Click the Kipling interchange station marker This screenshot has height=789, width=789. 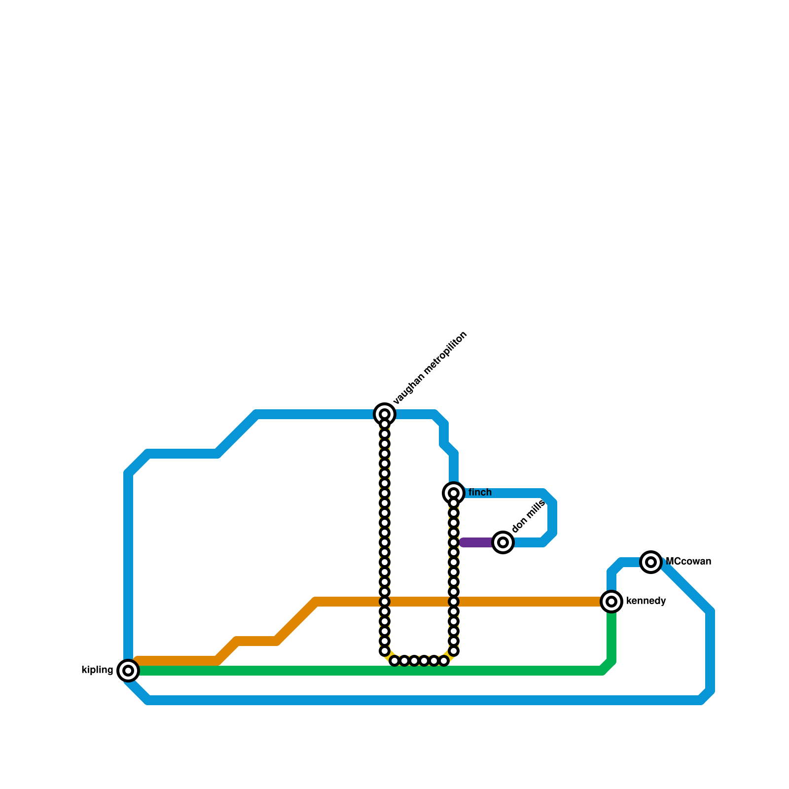coord(128,671)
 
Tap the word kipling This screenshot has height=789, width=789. coord(97,670)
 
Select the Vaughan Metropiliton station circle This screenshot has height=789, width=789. coord(385,414)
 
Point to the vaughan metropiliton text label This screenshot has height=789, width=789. coord(430,369)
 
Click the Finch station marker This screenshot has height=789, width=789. coord(454,493)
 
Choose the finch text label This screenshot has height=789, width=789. coord(480,493)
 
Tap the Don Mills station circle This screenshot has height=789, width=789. coord(503,542)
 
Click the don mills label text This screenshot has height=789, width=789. coord(528,516)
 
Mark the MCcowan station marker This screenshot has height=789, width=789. coord(651,562)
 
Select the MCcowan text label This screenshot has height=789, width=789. coord(688,562)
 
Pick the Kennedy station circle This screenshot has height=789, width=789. coord(611,602)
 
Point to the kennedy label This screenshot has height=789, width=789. coord(646,601)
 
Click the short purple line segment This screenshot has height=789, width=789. coord(476,542)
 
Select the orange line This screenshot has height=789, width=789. coord(518,602)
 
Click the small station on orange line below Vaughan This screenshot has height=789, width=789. coord(385,602)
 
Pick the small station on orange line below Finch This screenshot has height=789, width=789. coord(454,602)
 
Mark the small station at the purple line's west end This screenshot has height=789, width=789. coord(454,542)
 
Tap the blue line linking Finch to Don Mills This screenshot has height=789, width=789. coord(552,518)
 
